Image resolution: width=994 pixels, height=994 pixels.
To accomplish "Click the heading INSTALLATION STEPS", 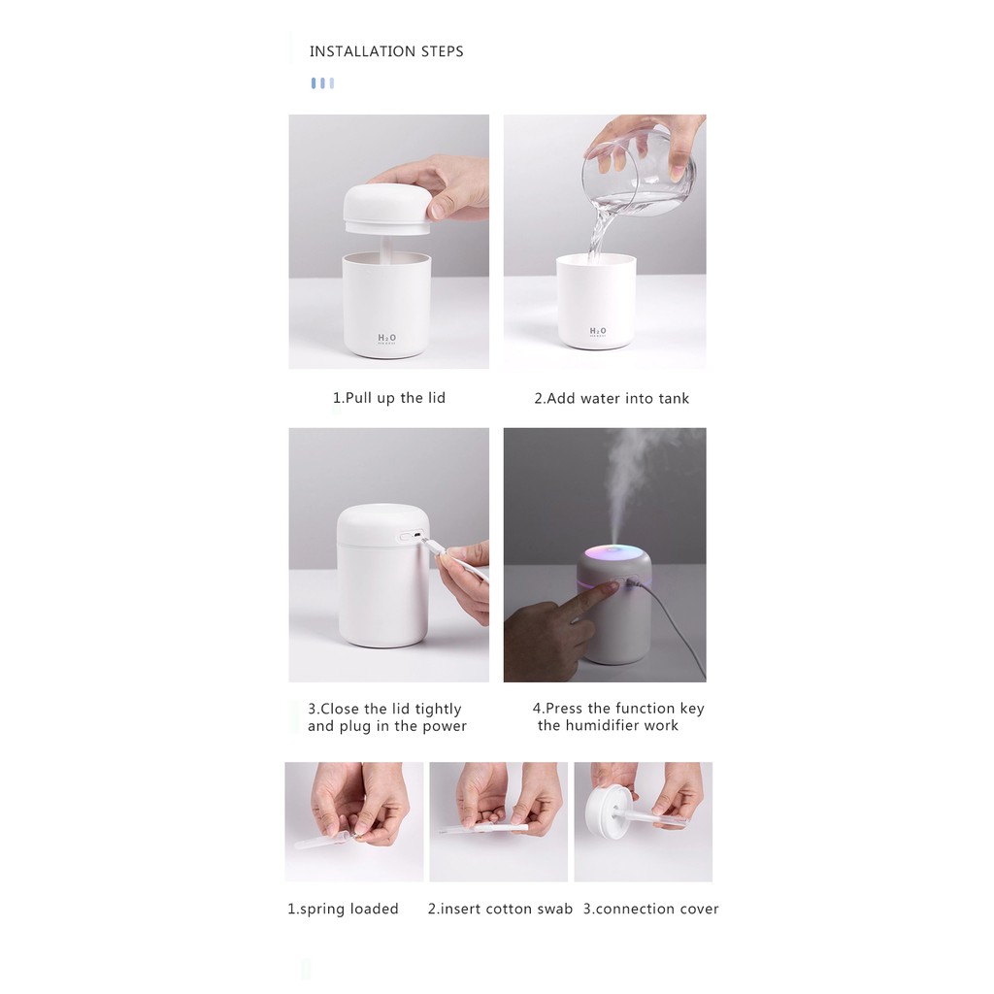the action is tap(386, 51).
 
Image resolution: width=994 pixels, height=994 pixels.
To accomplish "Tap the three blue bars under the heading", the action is tap(322, 83).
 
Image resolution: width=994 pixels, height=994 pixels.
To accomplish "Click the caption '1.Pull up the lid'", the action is tap(389, 398).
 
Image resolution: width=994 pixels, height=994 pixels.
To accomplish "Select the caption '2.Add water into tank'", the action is tap(612, 398).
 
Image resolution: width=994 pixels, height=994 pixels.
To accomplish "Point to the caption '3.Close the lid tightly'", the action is tap(384, 709).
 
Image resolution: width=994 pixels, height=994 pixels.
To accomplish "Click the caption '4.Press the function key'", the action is tap(618, 708).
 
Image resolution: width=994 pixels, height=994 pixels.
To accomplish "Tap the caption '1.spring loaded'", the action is tap(343, 909).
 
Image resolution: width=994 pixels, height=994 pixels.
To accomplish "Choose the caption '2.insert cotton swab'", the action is tap(500, 909).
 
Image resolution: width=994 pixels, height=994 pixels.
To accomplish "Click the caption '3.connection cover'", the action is tap(651, 909).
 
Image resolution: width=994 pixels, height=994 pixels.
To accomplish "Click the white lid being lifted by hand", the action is tap(387, 210).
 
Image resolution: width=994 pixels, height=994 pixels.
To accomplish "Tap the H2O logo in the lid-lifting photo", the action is tap(386, 339).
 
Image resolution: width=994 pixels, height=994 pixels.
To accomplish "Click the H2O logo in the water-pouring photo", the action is tap(598, 332).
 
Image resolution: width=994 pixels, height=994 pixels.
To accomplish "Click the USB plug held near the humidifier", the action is tap(432, 546).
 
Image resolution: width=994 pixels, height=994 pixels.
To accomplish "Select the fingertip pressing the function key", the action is tap(608, 588).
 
